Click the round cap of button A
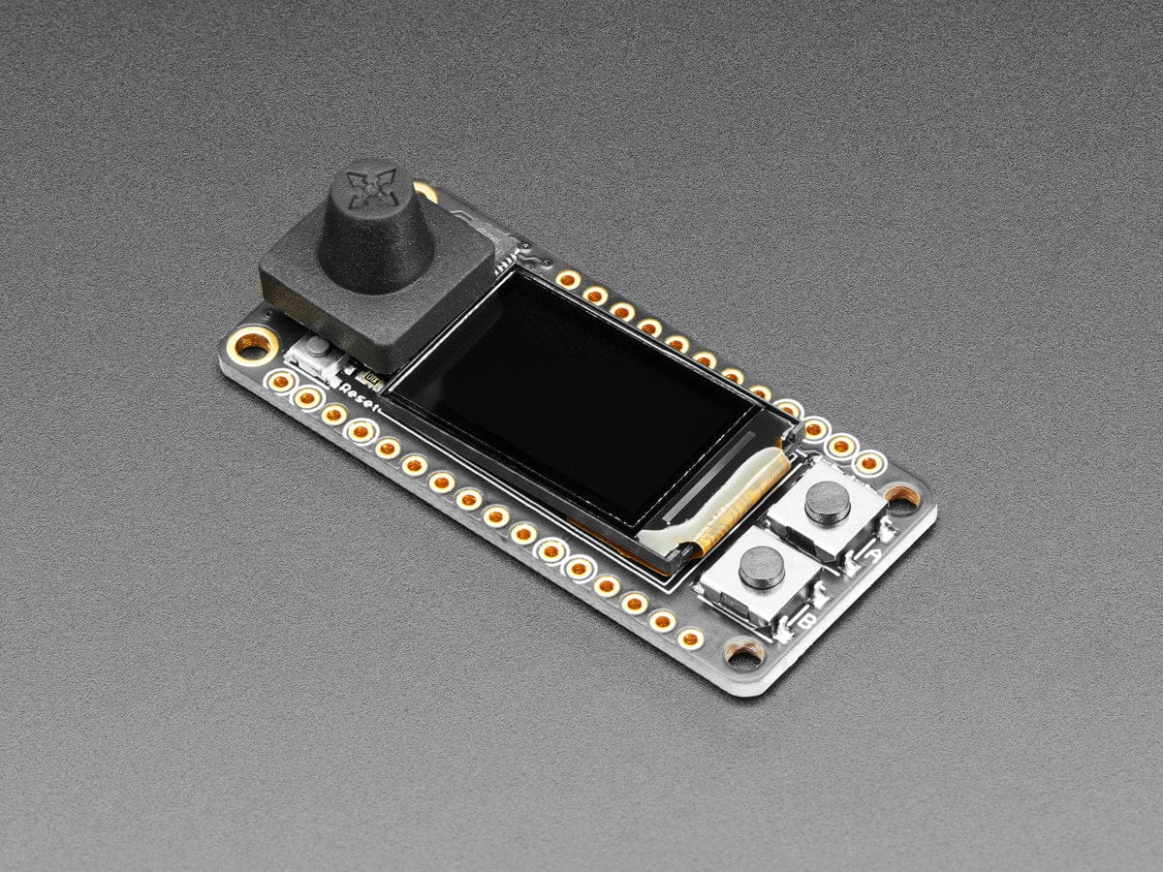coord(828,501)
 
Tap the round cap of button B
coord(762,567)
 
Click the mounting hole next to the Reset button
coord(253,342)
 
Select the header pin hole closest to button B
coord(691,638)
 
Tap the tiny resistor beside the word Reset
coord(366,373)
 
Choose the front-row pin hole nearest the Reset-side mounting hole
coord(281,382)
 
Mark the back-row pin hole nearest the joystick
coord(568,279)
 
